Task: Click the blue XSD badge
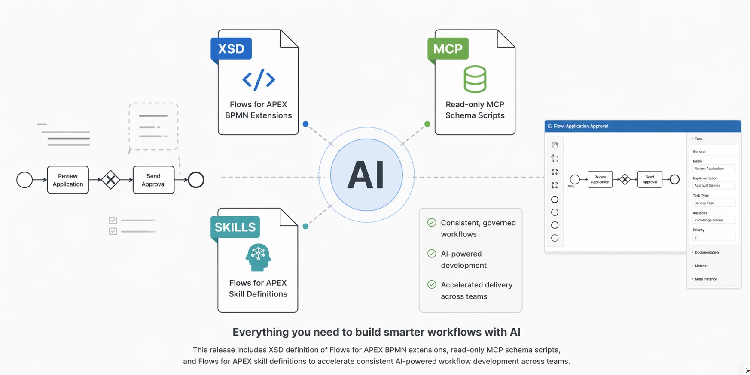(231, 49)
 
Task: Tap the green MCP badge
(448, 49)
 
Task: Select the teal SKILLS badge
(235, 227)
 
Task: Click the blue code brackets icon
(259, 79)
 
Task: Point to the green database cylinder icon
(475, 79)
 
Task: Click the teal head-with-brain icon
(258, 257)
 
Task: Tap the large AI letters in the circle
(366, 175)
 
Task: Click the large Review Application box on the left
(68, 180)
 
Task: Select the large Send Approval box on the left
(153, 180)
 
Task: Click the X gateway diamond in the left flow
(111, 180)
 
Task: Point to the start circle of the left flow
(24, 180)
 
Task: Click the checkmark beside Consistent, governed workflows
(432, 222)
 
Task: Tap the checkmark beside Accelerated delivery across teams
(432, 284)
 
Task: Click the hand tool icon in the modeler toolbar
(555, 145)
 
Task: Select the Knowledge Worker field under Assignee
(713, 220)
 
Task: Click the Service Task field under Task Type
(713, 203)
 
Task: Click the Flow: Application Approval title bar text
(581, 126)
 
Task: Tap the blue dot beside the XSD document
(305, 124)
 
